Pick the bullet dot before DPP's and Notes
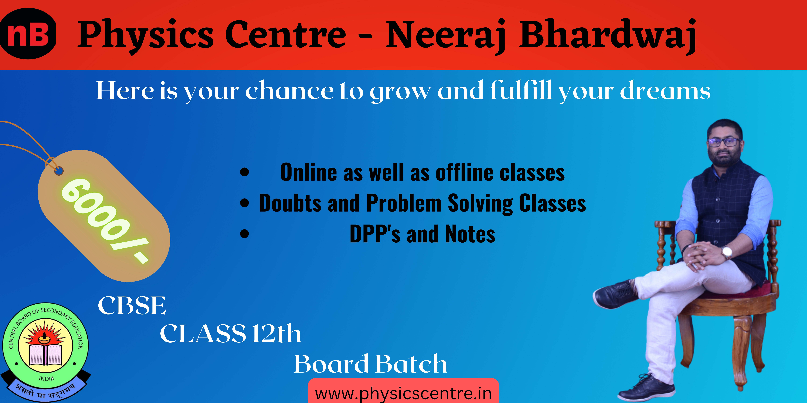point(244,234)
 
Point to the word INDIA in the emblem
point(46,379)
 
